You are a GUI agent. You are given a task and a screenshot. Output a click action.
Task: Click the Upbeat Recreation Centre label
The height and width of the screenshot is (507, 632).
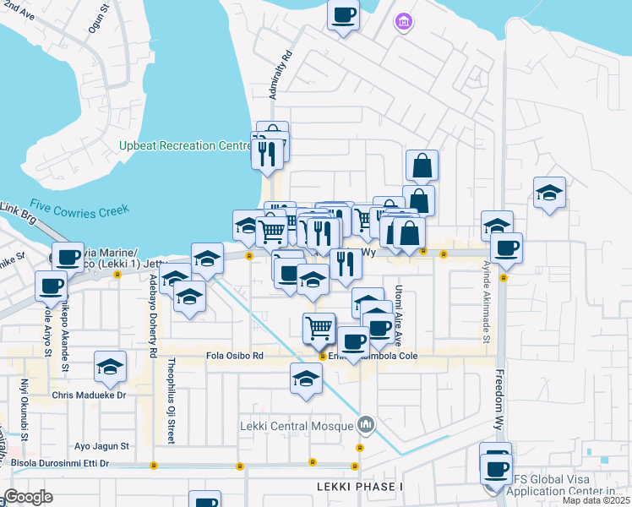pyautogui.click(x=186, y=146)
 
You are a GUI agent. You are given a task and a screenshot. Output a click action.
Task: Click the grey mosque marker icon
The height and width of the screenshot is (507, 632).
pyautogui.click(x=366, y=423)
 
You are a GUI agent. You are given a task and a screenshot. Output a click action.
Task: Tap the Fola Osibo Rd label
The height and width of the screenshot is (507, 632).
pyautogui.click(x=235, y=357)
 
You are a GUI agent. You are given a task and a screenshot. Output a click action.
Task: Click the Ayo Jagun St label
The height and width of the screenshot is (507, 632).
pyautogui.click(x=101, y=445)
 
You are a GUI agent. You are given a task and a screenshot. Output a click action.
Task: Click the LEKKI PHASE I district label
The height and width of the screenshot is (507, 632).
pyautogui.click(x=361, y=488)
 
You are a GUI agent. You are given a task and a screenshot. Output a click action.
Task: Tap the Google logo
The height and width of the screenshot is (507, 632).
pyautogui.click(x=28, y=497)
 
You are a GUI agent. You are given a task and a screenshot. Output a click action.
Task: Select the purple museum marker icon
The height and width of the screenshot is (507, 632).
pyautogui.click(x=404, y=21)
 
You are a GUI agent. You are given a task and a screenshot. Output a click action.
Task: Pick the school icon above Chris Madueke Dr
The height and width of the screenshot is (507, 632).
pyautogui.click(x=110, y=367)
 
